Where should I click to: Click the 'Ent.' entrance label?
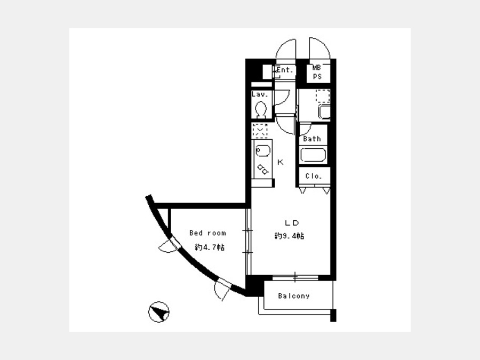coord(285,70)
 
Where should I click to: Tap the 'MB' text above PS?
coord(316,68)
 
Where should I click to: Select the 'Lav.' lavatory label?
coord(260,94)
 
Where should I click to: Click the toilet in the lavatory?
coord(261,109)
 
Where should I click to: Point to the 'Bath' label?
coord(312,139)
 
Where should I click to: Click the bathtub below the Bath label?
coord(313,155)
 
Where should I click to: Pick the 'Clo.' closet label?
coord(314,177)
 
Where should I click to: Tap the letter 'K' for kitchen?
coord(281,162)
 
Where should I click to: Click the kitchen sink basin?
coord(262,151)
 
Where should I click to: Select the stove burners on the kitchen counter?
coord(262,170)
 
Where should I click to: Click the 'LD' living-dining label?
coord(292,223)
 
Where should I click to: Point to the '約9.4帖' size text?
coord(289,236)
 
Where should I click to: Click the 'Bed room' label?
coord(207,233)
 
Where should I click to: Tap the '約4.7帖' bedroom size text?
coord(210,247)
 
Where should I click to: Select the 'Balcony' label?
coord(294,296)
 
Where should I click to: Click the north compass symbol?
coord(158,312)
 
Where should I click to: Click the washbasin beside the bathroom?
coord(324,112)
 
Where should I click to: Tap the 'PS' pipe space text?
coord(317,76)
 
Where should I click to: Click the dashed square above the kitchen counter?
coord(260,131)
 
